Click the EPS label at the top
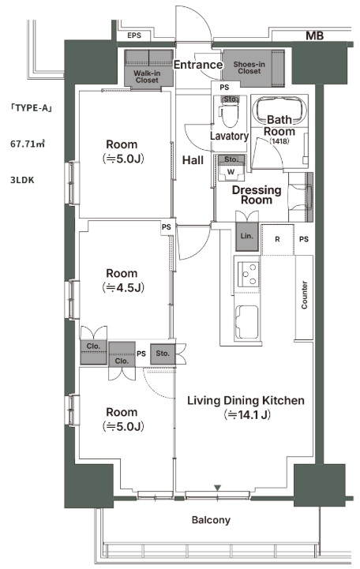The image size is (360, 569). click(x=134, y=36)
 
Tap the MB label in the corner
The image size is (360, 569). click(x=314, y=36)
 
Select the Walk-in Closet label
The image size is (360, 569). click(x=147, y=77)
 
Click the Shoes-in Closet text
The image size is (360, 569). click(x=249, y=68)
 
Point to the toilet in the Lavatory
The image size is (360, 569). click(x=230, y=112)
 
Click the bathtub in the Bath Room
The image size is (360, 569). click(x=279, y=110)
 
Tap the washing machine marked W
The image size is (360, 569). click(x=231, y=171)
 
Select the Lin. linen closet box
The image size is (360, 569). click(x=247, y=237)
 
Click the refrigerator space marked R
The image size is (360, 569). click(x=278, y=239)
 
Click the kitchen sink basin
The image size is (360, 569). click(x=247, y=322)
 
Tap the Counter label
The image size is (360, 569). click(x=304, y=295)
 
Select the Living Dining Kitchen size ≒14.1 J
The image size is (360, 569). click(x=247, y=414)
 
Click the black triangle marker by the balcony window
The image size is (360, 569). click(x=217, y=488)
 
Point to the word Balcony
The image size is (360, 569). click(x=211, y=520)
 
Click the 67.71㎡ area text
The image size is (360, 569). click(x=27, y=144)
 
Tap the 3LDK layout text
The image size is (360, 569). click(x=22, y=180)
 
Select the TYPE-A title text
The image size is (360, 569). click(x=32, y=108)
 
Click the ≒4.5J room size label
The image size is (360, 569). click(x=123, y=288)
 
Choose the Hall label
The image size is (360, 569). click(x=193, y=160)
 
